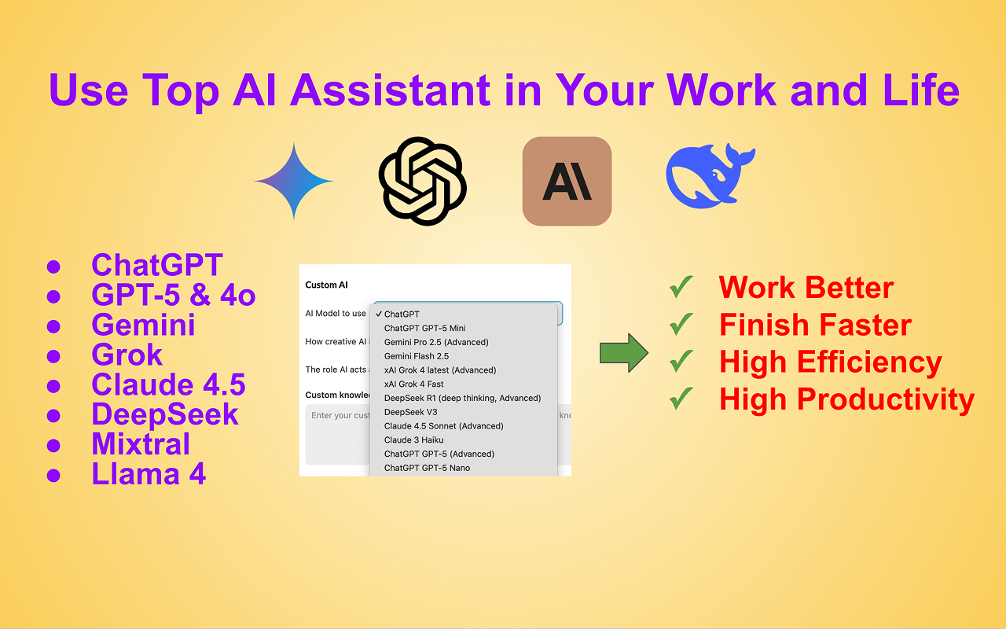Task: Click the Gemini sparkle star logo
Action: [294, 181]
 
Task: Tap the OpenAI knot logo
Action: [423, 181]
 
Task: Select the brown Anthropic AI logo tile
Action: [567, 181]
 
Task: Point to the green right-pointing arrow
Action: [623, 354]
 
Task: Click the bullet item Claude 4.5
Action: [168, 385]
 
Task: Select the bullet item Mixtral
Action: [141, 444]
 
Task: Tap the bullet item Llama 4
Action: [149, 474]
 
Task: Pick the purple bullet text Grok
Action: [127, 355]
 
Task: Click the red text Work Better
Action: [806, 288]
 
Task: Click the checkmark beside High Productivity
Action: [681, 399]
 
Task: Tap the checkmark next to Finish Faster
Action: [681, 324]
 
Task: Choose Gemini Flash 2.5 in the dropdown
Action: [417, 356]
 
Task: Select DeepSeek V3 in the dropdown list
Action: [411, 412]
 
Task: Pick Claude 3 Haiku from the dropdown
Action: [414, 440]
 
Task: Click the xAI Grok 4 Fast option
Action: [414, 384]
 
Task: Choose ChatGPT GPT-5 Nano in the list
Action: [426, 468]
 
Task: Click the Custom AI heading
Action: [326, 285]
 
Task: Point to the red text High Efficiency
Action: [831, 362]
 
